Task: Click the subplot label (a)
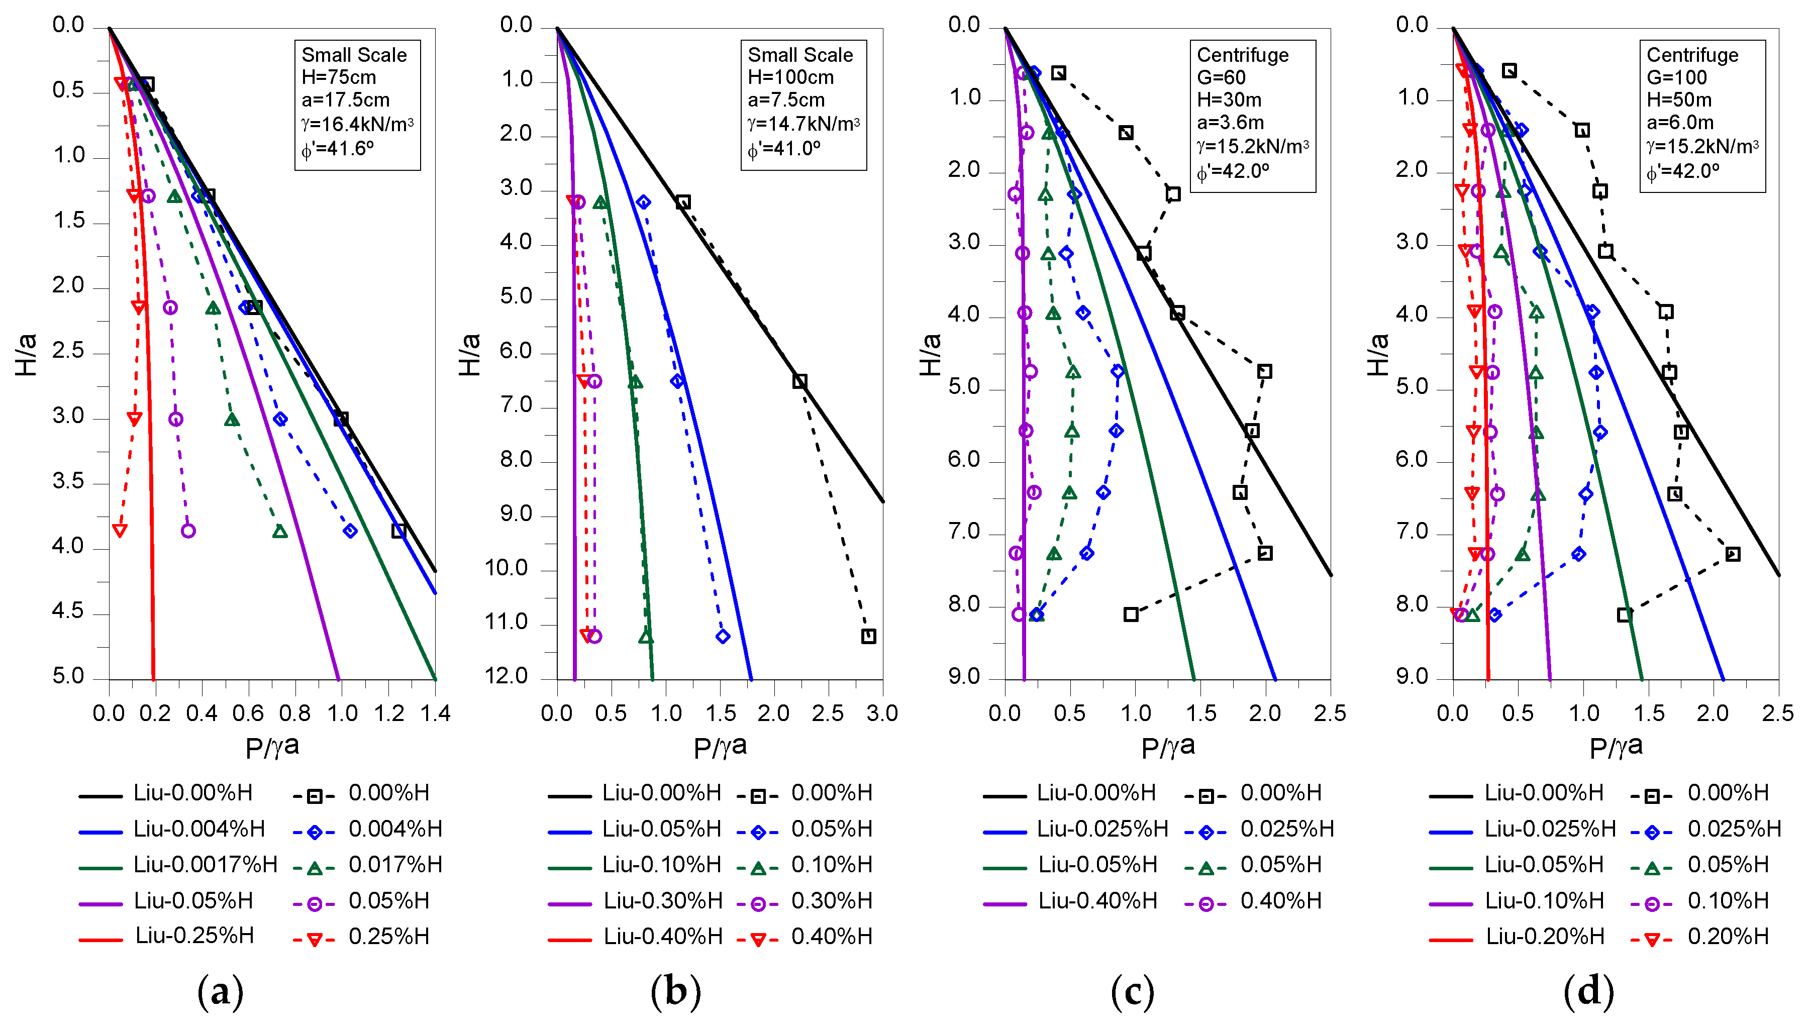[x=221, y=992]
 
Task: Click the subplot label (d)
[x=1588, y=992]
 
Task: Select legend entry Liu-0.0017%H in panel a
[x=205, y=865]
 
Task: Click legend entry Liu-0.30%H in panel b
[x=662, y=900]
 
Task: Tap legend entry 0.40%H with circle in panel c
[x=1280, y=900]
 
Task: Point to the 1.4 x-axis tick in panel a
[x=435, y=713]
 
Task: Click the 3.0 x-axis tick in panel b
[x=881, y=713]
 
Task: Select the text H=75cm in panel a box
[x=339, y=77]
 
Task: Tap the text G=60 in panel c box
[x=1221, y=77]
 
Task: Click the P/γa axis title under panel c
[x=1167, y=748]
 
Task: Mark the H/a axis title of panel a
[x=26, y=354]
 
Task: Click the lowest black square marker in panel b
[x=868, y=637]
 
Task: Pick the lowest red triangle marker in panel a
[x=120, y=531]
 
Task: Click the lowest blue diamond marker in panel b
[x=723, y=637]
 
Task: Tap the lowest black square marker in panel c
[x=1131, y=614]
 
